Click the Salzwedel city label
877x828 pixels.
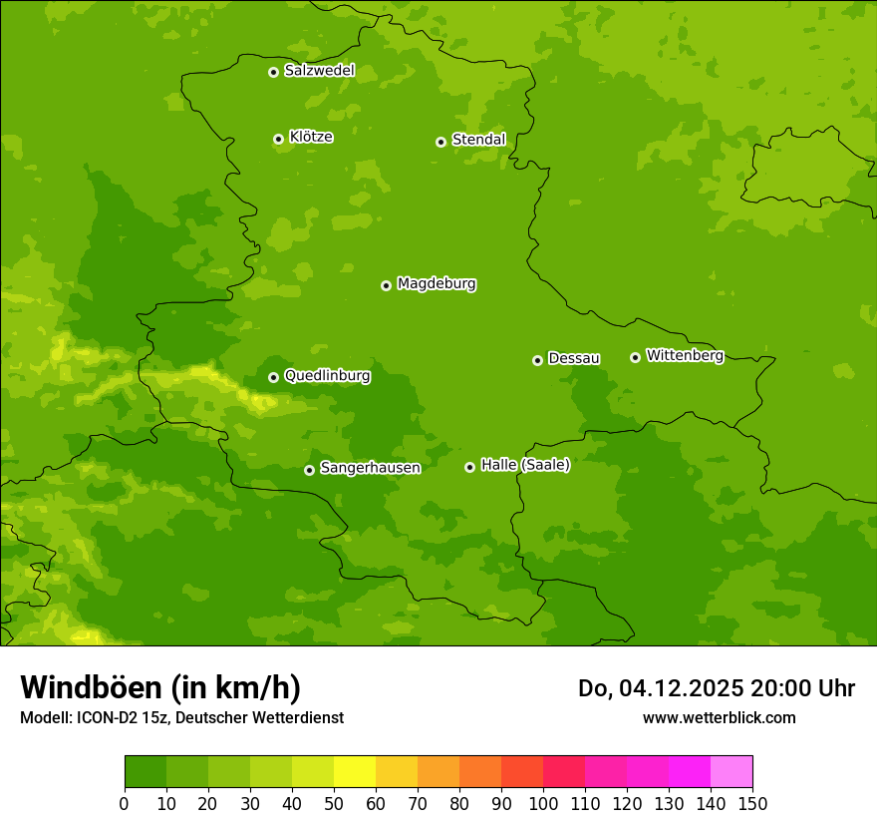319,71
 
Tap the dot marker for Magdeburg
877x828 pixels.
386,285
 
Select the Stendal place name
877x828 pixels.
478,140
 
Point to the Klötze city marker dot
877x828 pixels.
278,139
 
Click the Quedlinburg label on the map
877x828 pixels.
327,376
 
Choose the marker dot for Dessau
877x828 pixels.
537,360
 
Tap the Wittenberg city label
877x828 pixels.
684,355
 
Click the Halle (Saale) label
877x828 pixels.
525,465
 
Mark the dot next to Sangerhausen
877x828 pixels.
309,470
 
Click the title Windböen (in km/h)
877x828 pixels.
160,688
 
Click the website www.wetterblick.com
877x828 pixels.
719,718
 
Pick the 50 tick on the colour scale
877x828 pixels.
333,803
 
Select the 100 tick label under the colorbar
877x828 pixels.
542,803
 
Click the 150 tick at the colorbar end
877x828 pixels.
751,803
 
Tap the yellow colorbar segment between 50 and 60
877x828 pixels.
354,772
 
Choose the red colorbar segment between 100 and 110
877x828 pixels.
563,772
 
